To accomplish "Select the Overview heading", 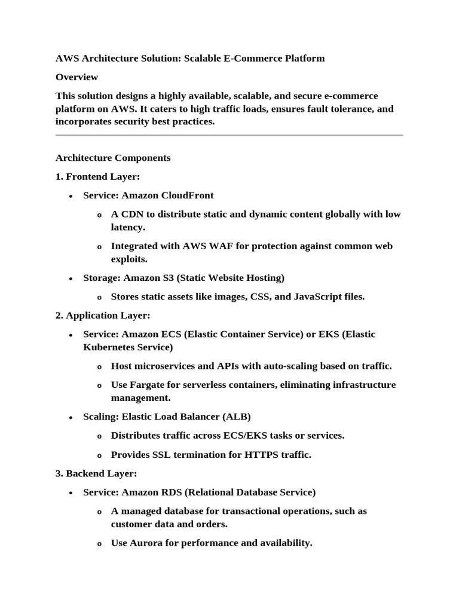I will click(x=76, y=77).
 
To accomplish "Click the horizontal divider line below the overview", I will click(x=229, y=135).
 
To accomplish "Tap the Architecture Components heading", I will click(x=113, y=158).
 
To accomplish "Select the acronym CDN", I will click(x=130, y=214).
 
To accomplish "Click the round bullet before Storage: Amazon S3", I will click(x=71, y=279).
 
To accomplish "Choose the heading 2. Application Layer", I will click(x=103, y=315).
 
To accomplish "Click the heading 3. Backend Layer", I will click(x=96, y=473).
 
